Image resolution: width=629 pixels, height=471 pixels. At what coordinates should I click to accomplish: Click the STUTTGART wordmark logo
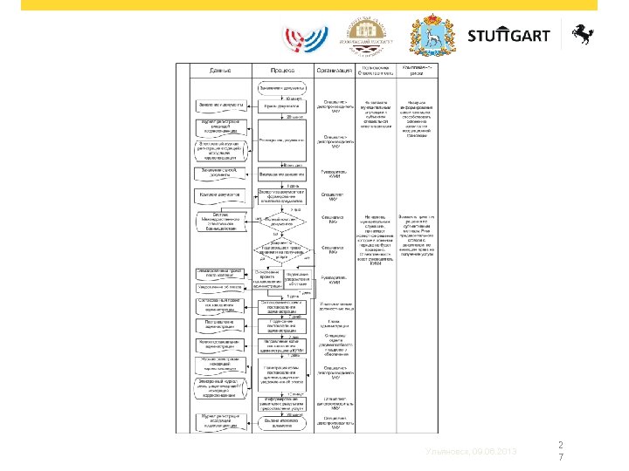[508, 36]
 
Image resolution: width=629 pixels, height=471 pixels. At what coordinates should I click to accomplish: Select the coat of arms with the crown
[432, 34]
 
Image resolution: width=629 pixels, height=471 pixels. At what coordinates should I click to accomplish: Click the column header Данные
[220, 70]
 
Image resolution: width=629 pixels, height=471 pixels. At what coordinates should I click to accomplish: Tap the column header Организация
[334, 70]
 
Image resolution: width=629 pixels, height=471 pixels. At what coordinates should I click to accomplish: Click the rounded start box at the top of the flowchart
[281, 88]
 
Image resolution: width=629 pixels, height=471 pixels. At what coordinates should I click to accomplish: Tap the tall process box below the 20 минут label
[281, 140]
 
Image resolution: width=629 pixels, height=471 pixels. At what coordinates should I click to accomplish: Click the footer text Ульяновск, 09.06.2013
[471, 452]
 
